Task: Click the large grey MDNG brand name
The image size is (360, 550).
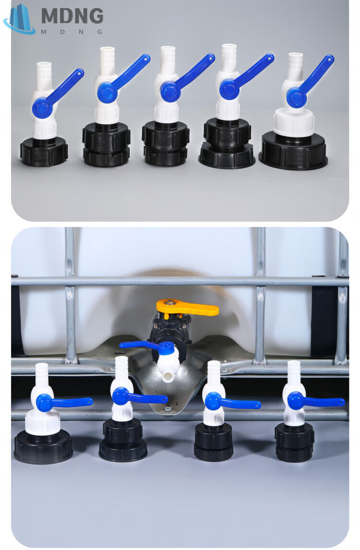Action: click(x=72, y=16)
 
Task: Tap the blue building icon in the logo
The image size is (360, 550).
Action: click(x=20, y=19)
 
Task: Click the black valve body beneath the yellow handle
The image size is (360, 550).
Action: click(x=171, y=328)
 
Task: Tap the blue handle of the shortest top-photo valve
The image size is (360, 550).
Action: click(x=56, y=93)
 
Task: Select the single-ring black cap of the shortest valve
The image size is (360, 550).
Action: click(x=44, y=151)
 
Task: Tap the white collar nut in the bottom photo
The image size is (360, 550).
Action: click(x=43, y=423)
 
